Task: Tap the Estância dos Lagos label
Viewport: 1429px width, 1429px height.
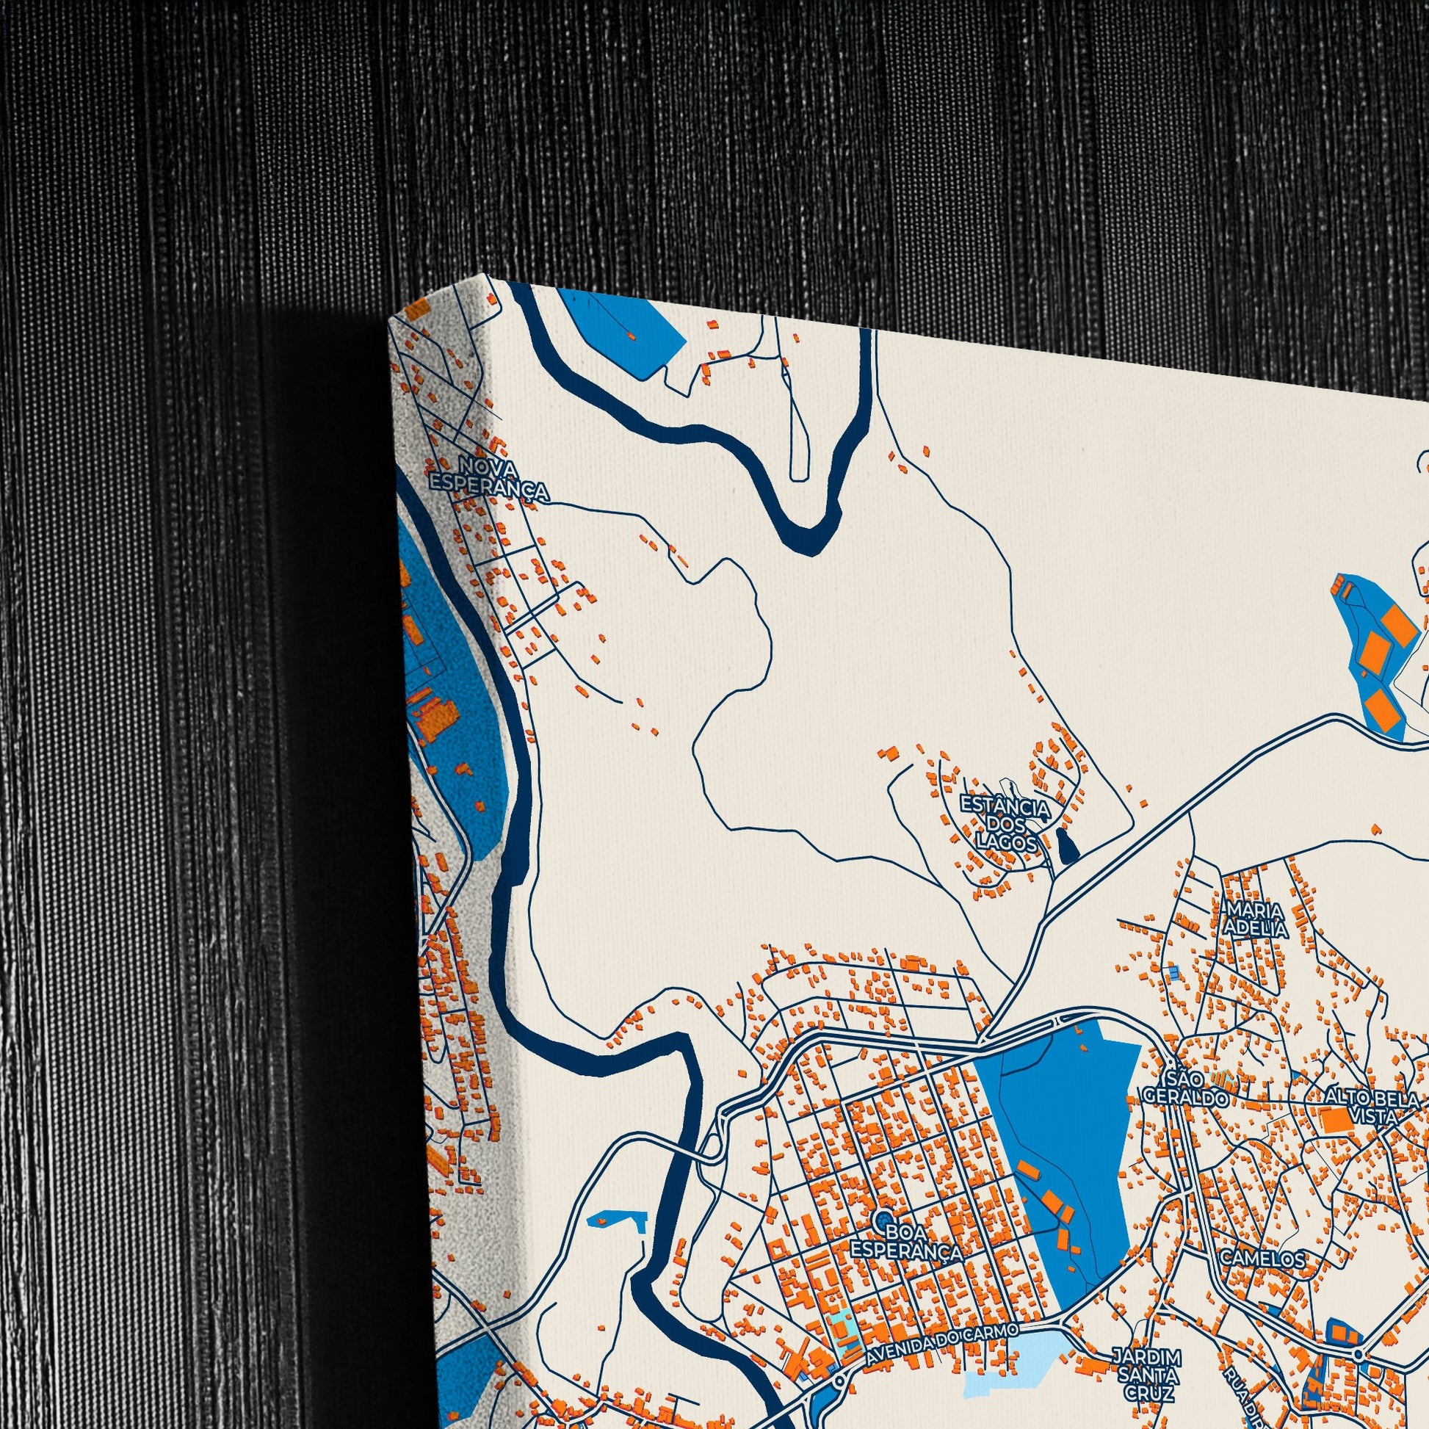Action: point(1004,822)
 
